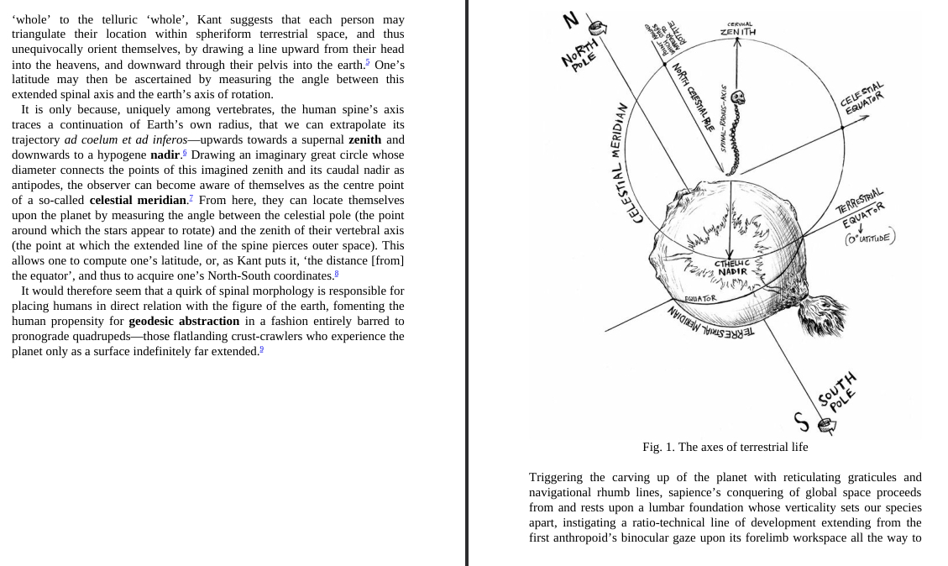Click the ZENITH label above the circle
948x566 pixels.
737,32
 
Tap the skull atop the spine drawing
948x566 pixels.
737,99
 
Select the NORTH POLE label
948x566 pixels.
580,55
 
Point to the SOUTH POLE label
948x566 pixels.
838,391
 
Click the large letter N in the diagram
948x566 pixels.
571,18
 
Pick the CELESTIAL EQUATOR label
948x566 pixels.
863,98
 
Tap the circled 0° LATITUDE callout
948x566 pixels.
870,238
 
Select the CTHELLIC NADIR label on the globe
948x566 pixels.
731,267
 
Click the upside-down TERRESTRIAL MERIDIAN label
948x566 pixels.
710,323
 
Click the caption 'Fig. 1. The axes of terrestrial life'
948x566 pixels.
725,447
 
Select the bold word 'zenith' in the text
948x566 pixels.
364,139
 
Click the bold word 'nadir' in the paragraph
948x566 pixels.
165,155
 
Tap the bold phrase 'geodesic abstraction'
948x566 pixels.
184,321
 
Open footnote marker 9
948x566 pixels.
261,349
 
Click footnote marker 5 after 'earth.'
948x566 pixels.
367,61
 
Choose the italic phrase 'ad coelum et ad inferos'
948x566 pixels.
125,139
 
